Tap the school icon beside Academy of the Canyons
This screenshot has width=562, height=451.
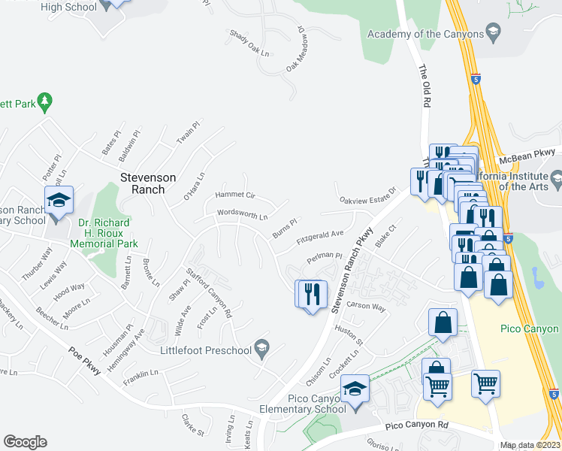[493, 32]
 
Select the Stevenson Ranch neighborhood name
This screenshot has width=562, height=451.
[148, 183]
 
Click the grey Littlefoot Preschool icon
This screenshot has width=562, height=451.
[261, 346]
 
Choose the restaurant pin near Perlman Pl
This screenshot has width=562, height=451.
[312, 293]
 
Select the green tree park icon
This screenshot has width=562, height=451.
[44, 100]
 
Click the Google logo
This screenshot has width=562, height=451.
[25, 441]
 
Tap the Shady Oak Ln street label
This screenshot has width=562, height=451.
[249, 44]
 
